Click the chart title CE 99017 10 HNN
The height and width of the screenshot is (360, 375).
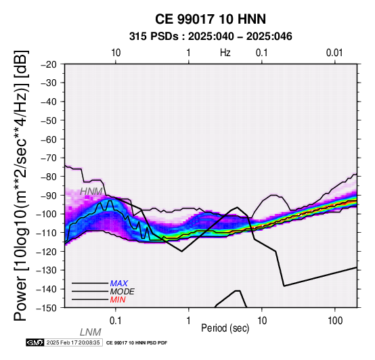point(211,19)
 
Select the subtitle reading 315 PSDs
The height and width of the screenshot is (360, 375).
point(154,37)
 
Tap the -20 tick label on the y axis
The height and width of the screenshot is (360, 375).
point(49,64)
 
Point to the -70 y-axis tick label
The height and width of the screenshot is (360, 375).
point(49,158)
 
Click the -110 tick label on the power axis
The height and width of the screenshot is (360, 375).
point(47,233)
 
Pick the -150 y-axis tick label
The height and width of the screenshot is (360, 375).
point(47,308)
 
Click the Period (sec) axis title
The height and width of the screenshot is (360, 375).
point(225,328)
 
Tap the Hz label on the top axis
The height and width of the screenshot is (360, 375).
point(225,53)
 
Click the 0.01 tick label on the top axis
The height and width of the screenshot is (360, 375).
point(334,53)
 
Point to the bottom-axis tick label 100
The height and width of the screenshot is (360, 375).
point(335,321)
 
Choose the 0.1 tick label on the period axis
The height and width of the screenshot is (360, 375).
point(116,321)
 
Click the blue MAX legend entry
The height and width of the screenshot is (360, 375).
point(119,284)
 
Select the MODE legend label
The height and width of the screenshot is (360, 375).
point(123,292)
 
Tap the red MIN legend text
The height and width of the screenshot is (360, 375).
point(118,300)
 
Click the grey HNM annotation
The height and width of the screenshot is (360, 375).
point(91,192)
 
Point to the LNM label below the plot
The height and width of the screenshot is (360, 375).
point(91,332)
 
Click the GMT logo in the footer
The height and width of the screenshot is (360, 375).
point(35,342)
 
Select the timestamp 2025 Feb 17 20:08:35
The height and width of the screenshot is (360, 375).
point(73,342)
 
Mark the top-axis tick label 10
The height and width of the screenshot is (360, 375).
point(116,53)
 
